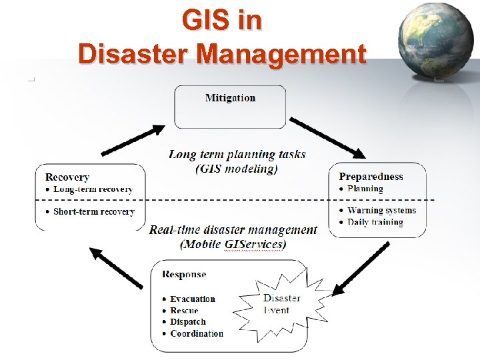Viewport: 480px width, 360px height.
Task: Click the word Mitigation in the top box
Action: [230, 98]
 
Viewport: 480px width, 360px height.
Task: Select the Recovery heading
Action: [67, 177]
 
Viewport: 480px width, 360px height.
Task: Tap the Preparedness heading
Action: [371, 177]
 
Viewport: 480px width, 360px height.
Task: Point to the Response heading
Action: [184, 274]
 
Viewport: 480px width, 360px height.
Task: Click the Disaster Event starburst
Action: [281, 304]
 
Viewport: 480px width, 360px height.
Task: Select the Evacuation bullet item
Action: [192, 299]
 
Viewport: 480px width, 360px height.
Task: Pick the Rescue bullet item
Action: [184, 311]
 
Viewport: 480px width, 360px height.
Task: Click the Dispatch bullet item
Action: [188, 322]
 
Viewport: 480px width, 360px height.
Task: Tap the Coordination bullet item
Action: [197, 333]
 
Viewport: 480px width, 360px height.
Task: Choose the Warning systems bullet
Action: [381, 211]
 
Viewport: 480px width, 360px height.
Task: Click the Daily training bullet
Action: [375, 222]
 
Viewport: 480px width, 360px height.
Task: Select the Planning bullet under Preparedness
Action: [365, 189]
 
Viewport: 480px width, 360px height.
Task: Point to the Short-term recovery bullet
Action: [93, 212]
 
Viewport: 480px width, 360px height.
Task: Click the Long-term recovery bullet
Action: [93, 189]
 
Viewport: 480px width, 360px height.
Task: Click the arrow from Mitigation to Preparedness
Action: [327, 138]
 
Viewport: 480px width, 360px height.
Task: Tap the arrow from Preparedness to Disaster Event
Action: [361, 268]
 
